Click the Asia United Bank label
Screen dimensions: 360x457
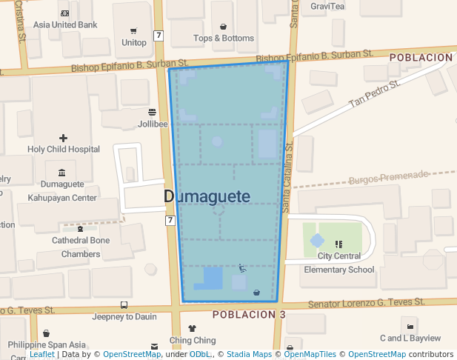tap(65, 24)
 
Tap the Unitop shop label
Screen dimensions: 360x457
tap(133, 43)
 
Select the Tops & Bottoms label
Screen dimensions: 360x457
tap(223, 38)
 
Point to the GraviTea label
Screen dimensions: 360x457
tap(327, 7)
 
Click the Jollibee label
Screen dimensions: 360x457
tap(153, 124)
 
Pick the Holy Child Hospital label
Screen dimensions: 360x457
tap(64, 149)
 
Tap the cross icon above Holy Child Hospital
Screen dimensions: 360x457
tap(63, 138)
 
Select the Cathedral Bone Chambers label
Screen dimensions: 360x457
tap(81, 247)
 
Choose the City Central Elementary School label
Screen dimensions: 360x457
tap(338, 263)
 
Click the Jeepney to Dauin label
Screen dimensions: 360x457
tap(124, 316)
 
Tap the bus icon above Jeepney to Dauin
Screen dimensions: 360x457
tap(123, 304)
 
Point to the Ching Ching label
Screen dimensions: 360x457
tap(193, 341)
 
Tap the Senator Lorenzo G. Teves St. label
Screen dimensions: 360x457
tap(366, 303)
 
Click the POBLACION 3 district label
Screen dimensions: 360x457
tap(249, 315)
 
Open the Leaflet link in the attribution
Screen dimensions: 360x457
tap(42, 355)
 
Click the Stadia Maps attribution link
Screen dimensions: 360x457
tap(249, 355)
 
